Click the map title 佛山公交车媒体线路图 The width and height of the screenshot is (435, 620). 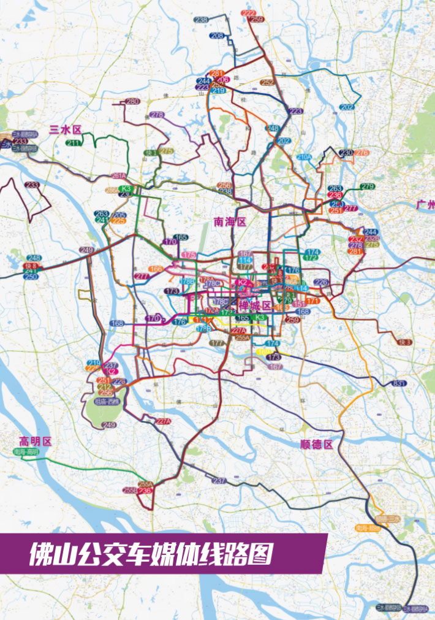pos(150,554)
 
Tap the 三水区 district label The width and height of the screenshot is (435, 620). pos(65,130)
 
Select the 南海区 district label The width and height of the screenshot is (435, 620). pos(230,222)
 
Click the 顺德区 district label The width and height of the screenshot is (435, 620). pos(317,445)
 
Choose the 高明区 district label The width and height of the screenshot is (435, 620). pos(35,441)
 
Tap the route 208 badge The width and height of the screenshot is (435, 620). pos(217,36)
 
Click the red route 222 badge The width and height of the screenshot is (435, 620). pos(249,13)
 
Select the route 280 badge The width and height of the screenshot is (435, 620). pos(132,101)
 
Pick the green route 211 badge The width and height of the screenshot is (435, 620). pos(74,143)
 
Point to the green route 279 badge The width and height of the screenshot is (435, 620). pos(367,186)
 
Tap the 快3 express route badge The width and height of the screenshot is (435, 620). pos(404,342)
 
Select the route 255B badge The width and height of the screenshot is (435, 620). pos(130,491)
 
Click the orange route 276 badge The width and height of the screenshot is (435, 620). pos(361,153)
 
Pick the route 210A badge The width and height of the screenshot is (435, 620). pos(304,157)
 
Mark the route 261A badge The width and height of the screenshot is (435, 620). pos(119,176)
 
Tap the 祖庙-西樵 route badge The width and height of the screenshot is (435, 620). pos(107,402)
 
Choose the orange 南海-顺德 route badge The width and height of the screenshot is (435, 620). pos(366,527)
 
